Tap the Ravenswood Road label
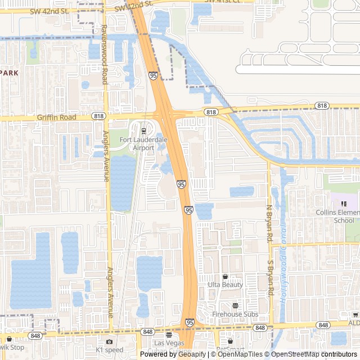[104, 55]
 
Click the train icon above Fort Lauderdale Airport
[143, 131]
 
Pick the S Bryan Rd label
[271, 278]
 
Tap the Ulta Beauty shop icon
[226, 277]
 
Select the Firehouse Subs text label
[235, 314]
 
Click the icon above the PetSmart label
[229, 341]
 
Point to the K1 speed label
[109, 350]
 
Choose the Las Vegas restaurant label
[169, 343]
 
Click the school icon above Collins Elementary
[344, 203]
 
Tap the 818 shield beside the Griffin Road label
[100, 116]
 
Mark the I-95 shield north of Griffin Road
[154, 74]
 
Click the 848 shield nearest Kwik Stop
[36, 336]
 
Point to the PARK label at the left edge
[10, 73]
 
